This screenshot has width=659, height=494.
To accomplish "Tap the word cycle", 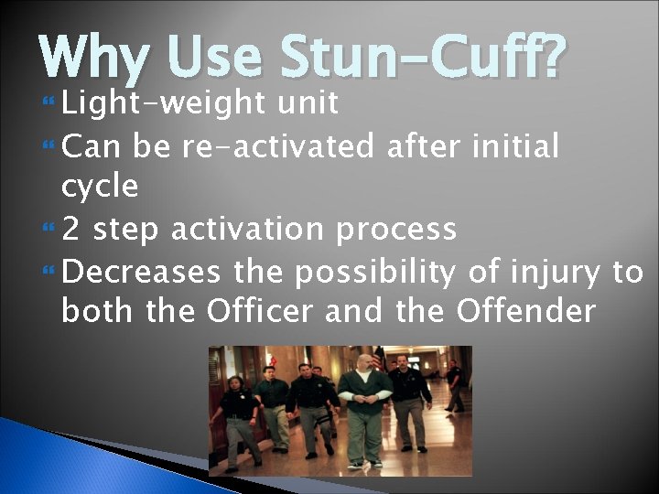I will [100, 188].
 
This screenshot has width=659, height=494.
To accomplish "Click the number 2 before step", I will [71, 229].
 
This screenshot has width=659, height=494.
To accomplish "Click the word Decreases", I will [144, 272].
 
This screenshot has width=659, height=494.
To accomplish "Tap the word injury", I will [553, 273].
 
